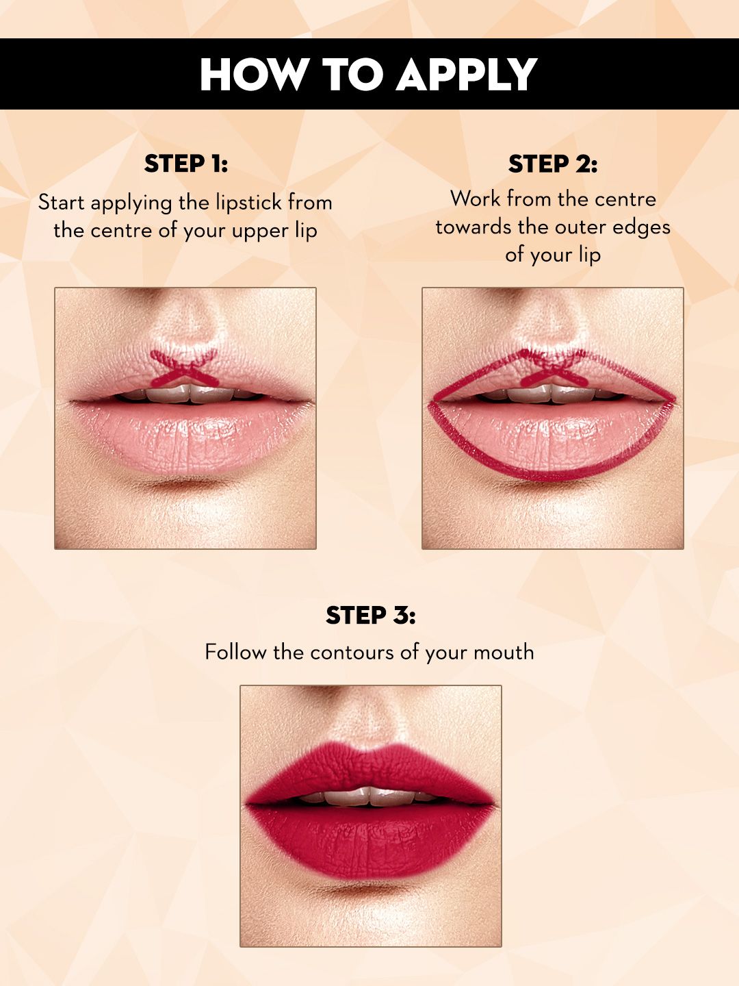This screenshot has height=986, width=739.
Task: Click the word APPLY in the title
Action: coord(466,74)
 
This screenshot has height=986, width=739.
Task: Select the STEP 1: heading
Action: coord(185,164)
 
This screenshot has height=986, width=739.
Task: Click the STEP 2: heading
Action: coord(553,164)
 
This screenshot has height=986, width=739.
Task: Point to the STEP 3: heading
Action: coord(371,615)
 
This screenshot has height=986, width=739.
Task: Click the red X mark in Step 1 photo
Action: coord(184,368)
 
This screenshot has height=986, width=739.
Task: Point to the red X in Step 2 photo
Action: coord(554,368)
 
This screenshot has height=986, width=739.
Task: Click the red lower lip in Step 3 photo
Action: coord(370,840)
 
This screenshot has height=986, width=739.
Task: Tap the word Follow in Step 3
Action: coord(235,652)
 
